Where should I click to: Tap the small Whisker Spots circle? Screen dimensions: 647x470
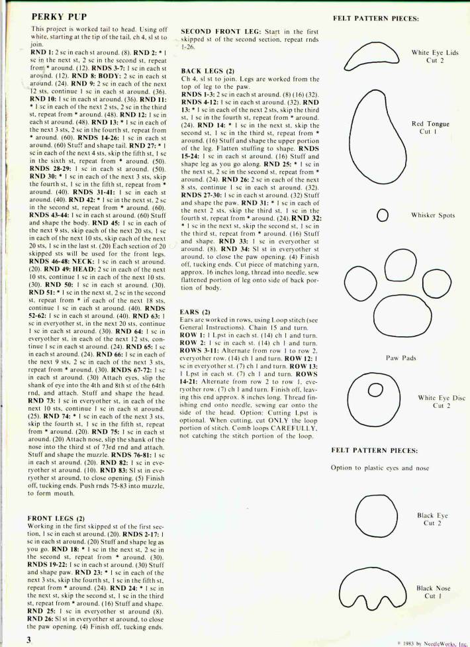coord(382,215)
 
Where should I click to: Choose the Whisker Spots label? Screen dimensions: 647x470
coord(432,215)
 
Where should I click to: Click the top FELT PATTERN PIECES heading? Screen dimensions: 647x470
coord(376,19)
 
